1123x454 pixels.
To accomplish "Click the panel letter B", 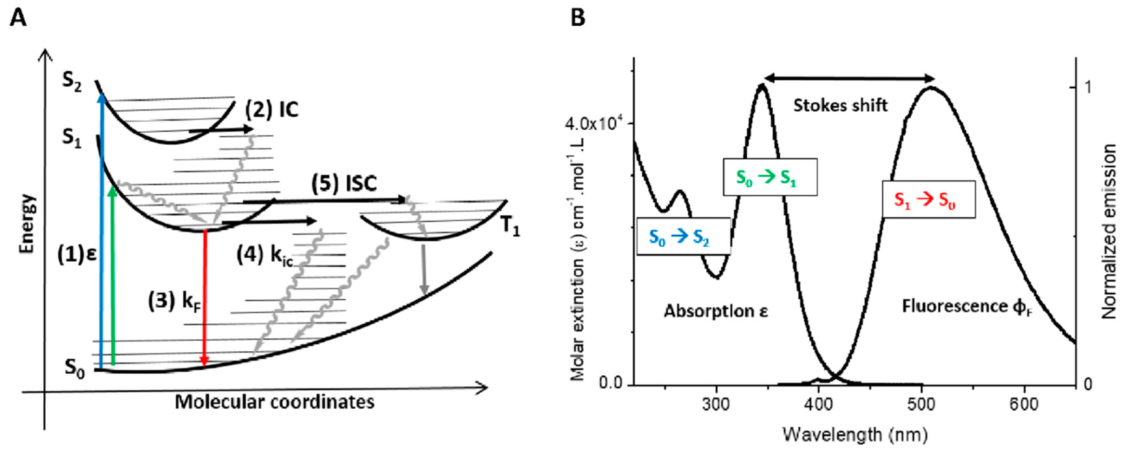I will click(x=578, y=18).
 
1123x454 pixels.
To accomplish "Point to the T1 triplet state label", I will click(x=510, y=226).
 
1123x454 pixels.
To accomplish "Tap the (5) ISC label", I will click(x=344, y=184).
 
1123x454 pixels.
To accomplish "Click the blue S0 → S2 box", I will click(x=683, y=236).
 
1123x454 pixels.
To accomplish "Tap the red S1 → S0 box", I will click(x=929, y=199).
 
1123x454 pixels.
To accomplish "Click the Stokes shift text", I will click(x=840, y=106).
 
